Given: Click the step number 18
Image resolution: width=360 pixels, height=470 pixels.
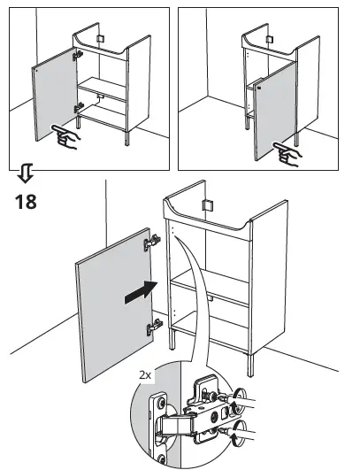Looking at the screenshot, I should click(x=26, y=201).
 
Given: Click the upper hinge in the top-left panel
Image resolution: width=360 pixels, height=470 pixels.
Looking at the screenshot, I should click(x=80, y=55).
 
